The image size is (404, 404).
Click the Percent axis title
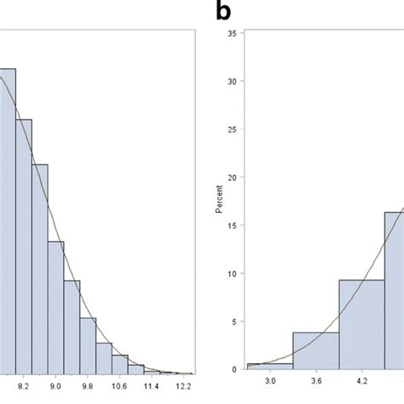[x=220, y=200]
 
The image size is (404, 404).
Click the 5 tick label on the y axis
[x=235, y=321]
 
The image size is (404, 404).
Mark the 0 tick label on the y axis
[x=235, y=369]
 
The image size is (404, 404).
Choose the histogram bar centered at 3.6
[x=315, y=350]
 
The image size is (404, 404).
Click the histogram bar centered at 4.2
[x=361, y=324]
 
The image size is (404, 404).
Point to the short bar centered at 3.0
[x=269, y=366]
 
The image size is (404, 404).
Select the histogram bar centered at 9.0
[x=55, y=307]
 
